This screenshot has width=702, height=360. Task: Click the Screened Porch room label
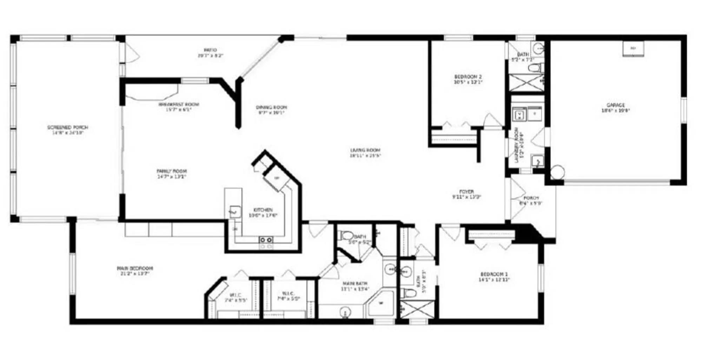(67, 127)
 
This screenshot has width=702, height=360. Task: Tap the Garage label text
(616, 105)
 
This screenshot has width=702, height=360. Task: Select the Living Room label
(365, 150)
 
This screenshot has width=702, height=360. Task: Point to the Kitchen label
(263, 210)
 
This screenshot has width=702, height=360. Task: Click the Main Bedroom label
(135, 268)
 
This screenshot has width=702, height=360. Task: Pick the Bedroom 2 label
(468, 77)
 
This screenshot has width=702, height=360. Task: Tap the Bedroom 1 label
(494, 274)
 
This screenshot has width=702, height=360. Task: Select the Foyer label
(466, 192)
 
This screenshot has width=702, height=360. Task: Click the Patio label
(210, 50)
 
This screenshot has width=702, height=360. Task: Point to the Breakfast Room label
(179, 104)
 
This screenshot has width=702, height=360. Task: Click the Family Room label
(172, 171)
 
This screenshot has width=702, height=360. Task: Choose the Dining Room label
(271, 107)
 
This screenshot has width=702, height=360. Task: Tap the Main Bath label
(355, 283)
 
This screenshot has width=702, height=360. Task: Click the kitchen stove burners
(266, 240)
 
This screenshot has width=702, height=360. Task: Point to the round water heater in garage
(557, 172)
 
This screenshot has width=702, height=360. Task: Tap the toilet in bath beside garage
(536, 67)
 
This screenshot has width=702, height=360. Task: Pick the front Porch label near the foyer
(531, 198)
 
